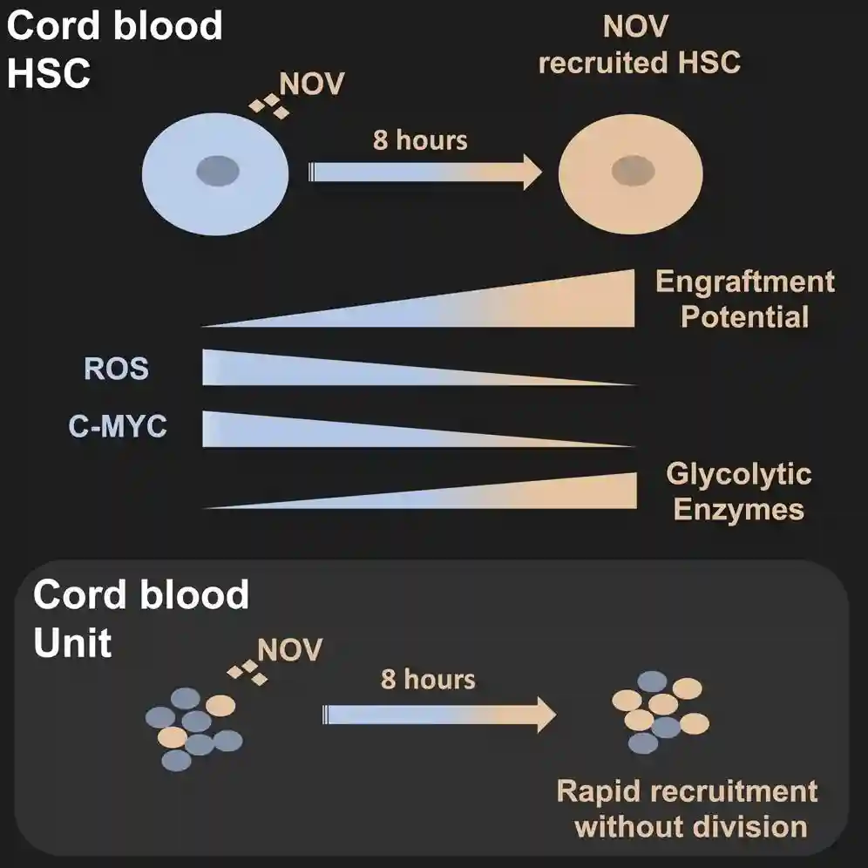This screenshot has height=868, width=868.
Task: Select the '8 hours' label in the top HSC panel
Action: [420, 139]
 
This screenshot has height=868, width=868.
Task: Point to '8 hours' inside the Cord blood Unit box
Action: [428, 679]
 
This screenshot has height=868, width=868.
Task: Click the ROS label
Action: [116, 369]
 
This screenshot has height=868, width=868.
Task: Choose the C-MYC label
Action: [118, 428]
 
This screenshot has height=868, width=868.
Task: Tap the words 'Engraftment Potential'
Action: [745, 299]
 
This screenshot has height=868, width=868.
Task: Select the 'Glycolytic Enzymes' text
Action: [738, 492]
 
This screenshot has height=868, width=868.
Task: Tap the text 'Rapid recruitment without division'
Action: [687, 808]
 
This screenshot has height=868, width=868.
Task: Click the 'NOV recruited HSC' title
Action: [639, 44]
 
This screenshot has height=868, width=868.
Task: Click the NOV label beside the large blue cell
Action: [312, 84]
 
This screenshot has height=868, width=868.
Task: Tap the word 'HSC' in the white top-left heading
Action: [49, 73]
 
